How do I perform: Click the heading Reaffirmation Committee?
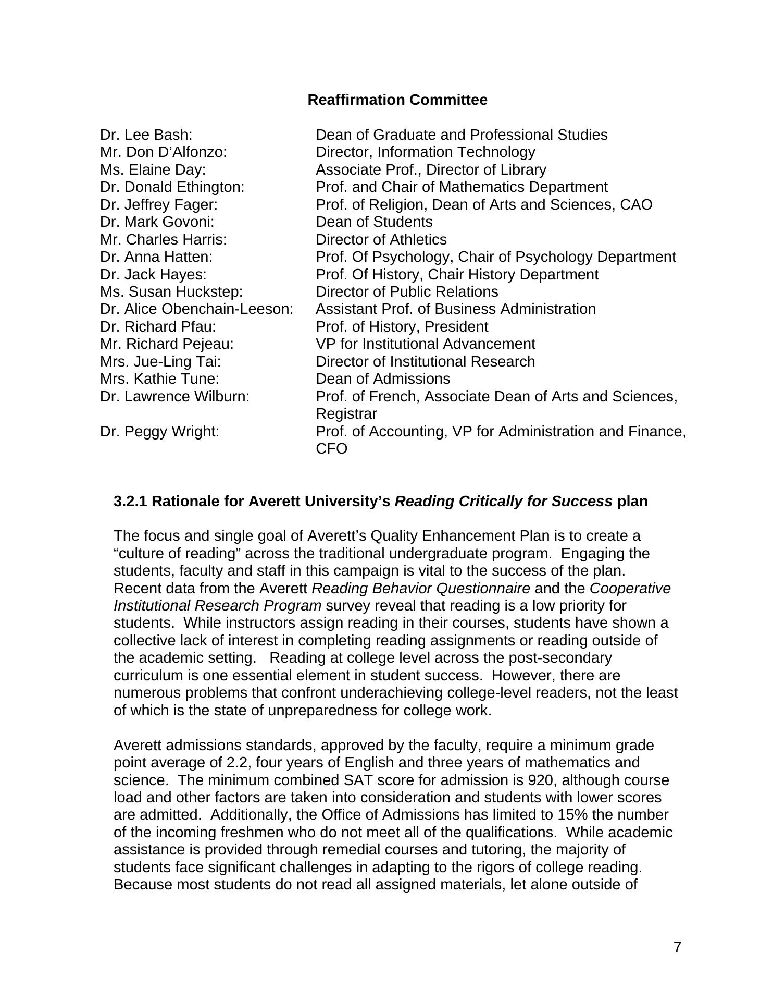point(397,100)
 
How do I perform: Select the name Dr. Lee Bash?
point(146,135)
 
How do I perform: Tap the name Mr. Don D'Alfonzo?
point(164,152)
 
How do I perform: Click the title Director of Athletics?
point(381,239)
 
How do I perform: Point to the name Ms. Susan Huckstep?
point(171,291)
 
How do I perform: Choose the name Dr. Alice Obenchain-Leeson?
point(197,309)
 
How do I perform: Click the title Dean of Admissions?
point(383,379)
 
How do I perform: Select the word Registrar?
point(346,414)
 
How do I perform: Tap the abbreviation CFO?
point(331,449)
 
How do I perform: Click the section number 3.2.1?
point(130,502)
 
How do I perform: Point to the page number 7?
point(677,947)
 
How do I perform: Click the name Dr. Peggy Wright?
point(159,432)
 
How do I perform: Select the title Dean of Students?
point(374,222)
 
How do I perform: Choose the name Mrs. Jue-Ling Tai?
point(160,361)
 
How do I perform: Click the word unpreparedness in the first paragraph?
point(318,711)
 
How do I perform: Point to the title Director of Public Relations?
point(407,291)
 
